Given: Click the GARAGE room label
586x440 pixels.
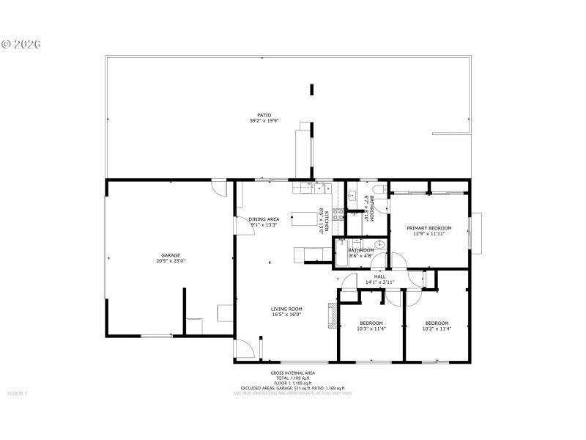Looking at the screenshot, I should pyautogui.click(x=171, y=255).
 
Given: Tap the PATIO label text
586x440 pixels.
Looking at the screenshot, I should pyautogui.click(x=264, y=115).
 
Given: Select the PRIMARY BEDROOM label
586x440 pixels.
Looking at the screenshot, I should pyautogui.click(x=429, y=228).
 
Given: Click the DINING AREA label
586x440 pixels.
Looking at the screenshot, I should pyautogui.click(x=264, y=219).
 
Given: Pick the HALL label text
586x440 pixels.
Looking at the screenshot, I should pyautogui.click(x=379, y=276).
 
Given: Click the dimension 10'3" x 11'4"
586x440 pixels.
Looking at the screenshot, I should pyautogui.click(x=371, y=329).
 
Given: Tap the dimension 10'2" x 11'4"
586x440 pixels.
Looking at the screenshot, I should pyautogui.click(x=437, y=329).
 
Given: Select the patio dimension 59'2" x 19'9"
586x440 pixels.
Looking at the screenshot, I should pyautogui.click(x=264, y=121).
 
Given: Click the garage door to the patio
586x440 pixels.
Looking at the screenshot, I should pyautogui.click(x=218, y=188).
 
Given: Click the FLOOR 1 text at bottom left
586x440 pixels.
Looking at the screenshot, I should pyautogui.click(x=17, y=394).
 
